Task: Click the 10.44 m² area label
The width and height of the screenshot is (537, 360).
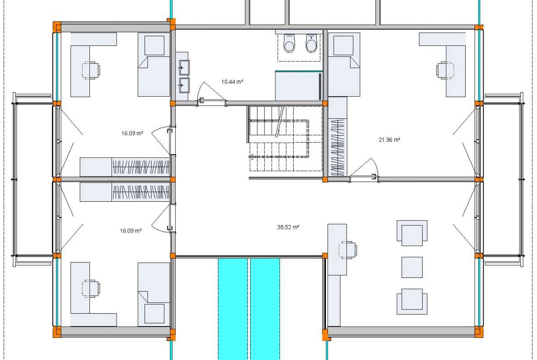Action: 232,82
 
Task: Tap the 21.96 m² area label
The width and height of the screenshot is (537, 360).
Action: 389,139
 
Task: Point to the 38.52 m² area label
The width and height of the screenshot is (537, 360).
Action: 288,227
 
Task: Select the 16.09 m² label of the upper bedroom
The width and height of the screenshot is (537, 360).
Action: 132,133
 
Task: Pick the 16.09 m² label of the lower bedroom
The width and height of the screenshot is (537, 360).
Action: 130,231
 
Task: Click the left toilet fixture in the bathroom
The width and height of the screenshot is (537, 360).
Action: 290,43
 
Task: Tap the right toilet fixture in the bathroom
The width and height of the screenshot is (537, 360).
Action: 311,43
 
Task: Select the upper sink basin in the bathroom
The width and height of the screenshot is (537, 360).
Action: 184,67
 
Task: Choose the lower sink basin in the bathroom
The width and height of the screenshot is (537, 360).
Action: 184,85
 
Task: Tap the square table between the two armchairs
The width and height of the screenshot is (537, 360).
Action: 412,267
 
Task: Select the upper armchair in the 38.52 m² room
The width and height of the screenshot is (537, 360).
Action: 412,233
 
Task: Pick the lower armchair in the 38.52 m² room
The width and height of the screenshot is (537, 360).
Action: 412,301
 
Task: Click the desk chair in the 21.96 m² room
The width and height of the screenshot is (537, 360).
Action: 445,70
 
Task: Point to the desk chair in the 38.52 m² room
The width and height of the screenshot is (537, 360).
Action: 347,250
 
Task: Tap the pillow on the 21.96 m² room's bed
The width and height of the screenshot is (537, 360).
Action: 343,45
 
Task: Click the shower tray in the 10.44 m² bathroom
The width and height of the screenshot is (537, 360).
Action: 299,86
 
